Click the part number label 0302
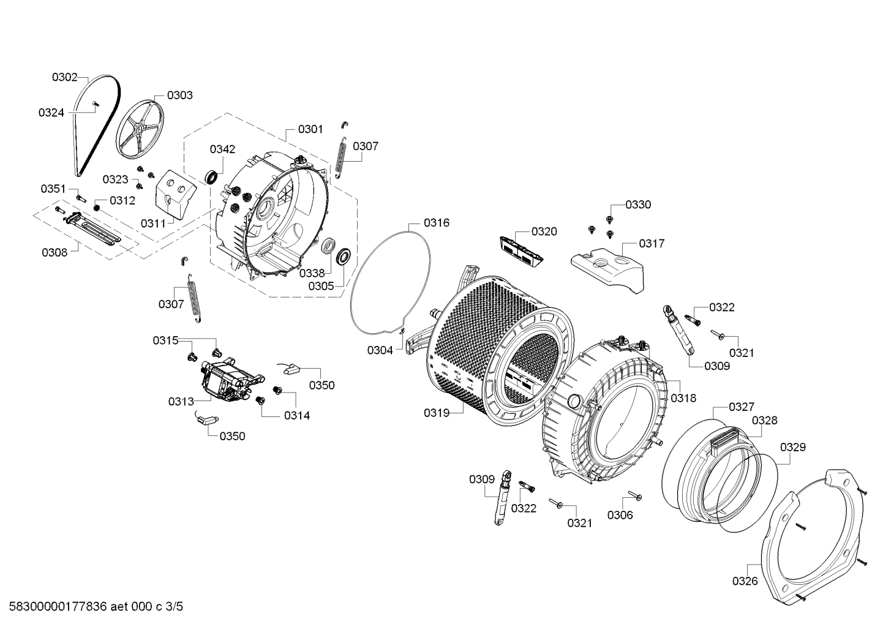click(64, 77)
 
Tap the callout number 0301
click(310, 129)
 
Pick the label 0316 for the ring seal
click(437, 223)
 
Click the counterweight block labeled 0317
click(609, 267)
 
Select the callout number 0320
click(544, 231)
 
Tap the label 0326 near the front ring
click(745, 581)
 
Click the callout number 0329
click(792, 448)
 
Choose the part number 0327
click(741, 407)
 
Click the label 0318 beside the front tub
click(683, 398)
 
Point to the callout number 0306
click(620, 515)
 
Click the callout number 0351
click(53, 188)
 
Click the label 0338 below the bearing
click(312, 273)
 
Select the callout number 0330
click(637, 205)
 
